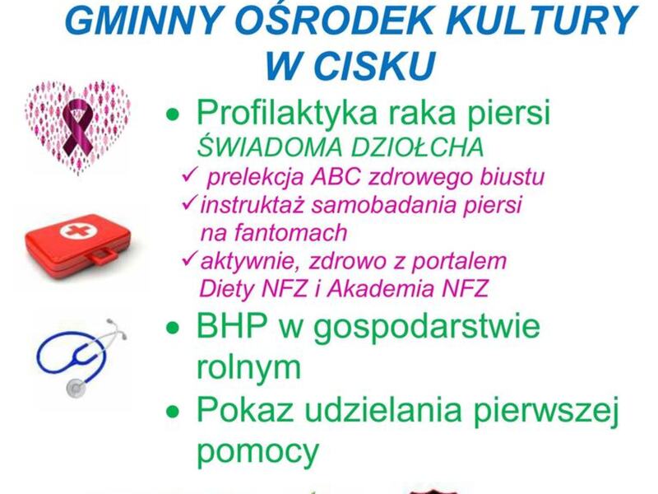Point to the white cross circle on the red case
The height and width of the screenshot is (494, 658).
pyautogui.click(x=72, y=230)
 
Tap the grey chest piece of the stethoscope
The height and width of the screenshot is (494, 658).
pyautogui.click(x=76, y=386)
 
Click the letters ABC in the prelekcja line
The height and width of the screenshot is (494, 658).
pyautogui.click(x=336, y=177)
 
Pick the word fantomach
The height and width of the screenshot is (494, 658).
pyautogui.click(x=274, y=232)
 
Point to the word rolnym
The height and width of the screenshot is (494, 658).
pyautogui.click(x=249, y=366)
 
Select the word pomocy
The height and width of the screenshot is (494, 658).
pyautogui.click(x=257, y=450)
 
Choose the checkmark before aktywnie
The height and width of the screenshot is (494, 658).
pyautogui.click(x=190, y=259)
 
